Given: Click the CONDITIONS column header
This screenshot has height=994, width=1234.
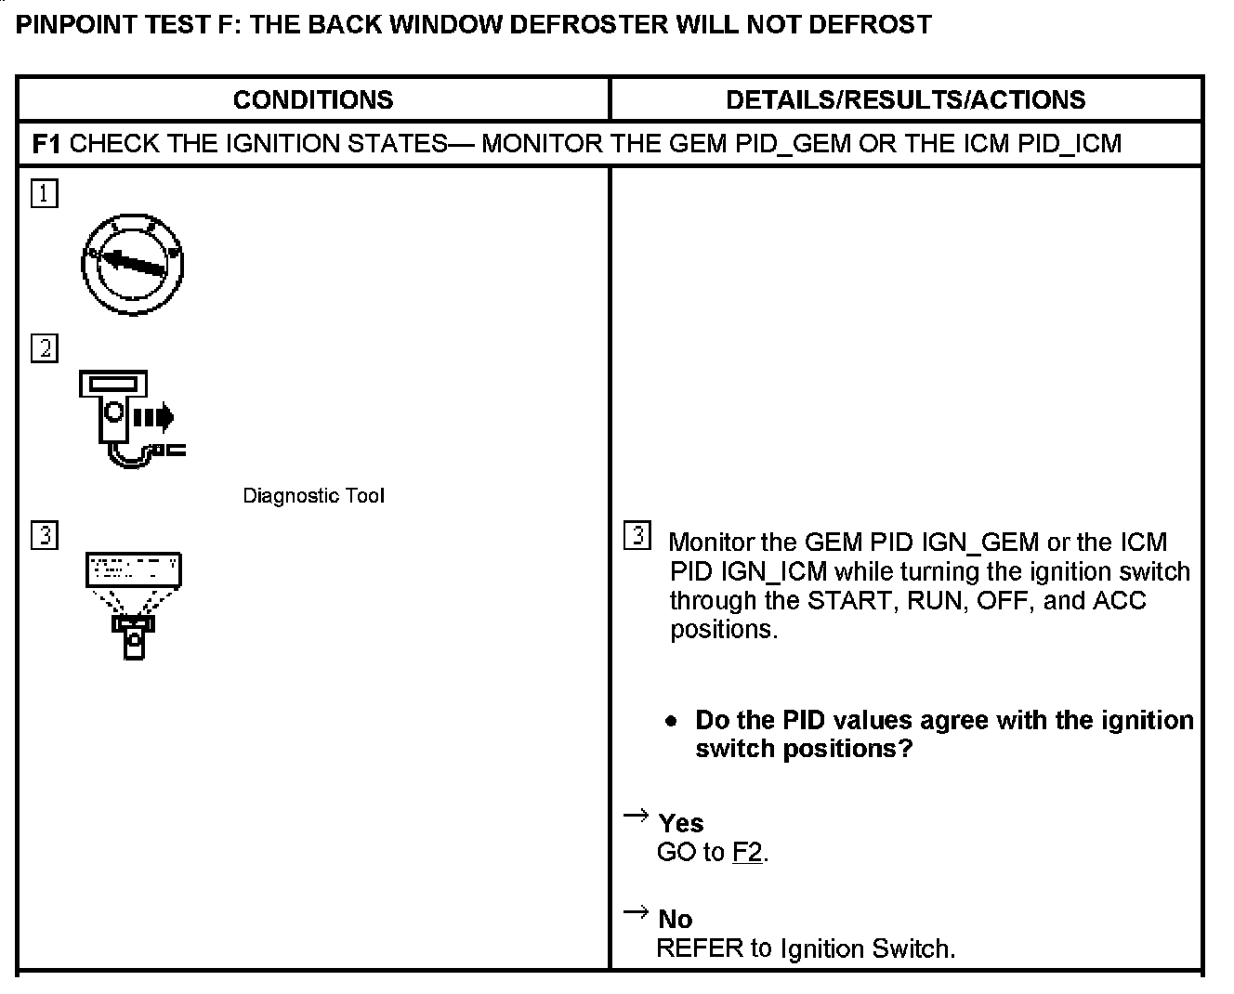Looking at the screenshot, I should [x=313, y=99].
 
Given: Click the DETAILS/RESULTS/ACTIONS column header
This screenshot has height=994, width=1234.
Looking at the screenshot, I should [x=905, y=99].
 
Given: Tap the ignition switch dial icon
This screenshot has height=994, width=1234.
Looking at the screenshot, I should [x=132, y=263].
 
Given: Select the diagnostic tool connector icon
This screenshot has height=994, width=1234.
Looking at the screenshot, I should [x=131, y=417].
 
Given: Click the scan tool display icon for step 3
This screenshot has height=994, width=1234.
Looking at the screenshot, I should [x=134, y=605].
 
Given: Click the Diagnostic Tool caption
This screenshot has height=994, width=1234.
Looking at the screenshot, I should [x=313, y=496].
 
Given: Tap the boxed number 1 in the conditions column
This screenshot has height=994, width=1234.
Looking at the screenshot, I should [x=44, y=194].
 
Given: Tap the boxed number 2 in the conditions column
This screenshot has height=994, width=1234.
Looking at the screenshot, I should [x=44, y=348].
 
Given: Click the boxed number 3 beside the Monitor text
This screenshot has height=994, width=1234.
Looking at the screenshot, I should [x=637, y=536].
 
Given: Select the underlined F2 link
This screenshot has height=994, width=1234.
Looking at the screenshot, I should [x=747, y=852].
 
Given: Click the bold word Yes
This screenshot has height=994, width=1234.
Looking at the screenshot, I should [x=680, y=823].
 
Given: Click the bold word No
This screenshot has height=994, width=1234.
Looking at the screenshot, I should [x=675, y=919].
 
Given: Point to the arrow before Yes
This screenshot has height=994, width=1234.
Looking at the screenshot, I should [x=636, y=816].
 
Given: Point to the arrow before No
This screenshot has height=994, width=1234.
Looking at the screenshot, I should [x=636, y=911].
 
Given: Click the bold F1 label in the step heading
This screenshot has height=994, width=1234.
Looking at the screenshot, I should [x=46, y=144].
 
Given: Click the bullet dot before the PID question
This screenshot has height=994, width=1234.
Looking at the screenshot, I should [x=671, y=722].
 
